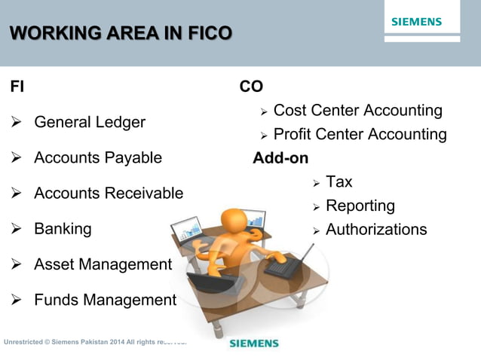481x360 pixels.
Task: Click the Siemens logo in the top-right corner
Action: (x=416, y=22)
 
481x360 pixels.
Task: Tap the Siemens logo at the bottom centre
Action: (x=253, y=343)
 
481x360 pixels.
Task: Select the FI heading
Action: (x=16, y=87)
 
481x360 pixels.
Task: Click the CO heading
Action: (x=251, y=87)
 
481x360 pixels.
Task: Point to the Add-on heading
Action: (x=280, y=159)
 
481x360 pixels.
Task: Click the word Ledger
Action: (x=120, y=122)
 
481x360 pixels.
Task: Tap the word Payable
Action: (x=133, y=157)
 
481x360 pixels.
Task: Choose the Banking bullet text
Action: (x=63, y=229)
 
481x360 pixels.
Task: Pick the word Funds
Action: (x=56, y=301)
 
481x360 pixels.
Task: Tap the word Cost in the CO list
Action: (x=290, y=111)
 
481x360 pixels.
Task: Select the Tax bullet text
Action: (x=339, y=182)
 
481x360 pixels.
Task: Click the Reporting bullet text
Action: (x=360, y=206)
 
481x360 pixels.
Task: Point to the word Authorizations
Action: (x=376, y=230)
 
